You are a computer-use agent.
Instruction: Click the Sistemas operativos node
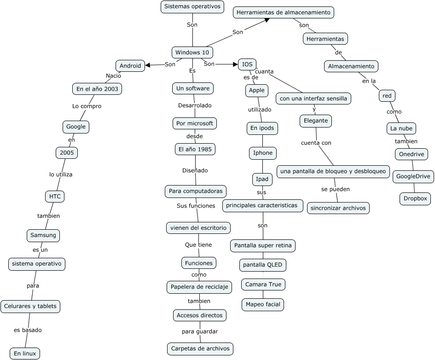[x=192, y=6]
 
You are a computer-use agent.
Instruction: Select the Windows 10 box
[x=192, y=52]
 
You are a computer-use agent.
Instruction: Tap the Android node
[x=130, y=66]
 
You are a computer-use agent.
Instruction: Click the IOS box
[x=247, y=64]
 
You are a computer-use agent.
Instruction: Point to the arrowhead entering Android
[x=147, y=65]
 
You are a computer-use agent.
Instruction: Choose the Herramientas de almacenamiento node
[x=284, y=12]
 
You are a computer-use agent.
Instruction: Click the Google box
[x=76, y=127]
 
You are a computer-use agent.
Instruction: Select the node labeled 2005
[x=67, y=153]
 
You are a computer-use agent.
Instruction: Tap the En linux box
[x=25, y=354]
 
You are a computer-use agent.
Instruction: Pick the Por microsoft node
[x=194, y=123]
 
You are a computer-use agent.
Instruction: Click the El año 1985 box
[x=195, y=150]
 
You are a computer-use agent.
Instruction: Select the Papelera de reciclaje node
[x=199, y=287]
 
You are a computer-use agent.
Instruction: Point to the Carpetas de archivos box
[x=200, y=348]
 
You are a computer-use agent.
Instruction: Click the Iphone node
[x=263, y=153]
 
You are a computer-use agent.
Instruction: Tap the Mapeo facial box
[x=263, y=305]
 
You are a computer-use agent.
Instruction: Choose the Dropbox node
[x=415, y=198]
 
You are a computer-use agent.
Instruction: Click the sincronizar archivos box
[x=338, y=208]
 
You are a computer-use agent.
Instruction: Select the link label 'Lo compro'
[x=87, y=106]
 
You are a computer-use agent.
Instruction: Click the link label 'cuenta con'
[x=316, y=143]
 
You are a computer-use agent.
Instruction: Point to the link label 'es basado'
[x=28, y=330]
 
